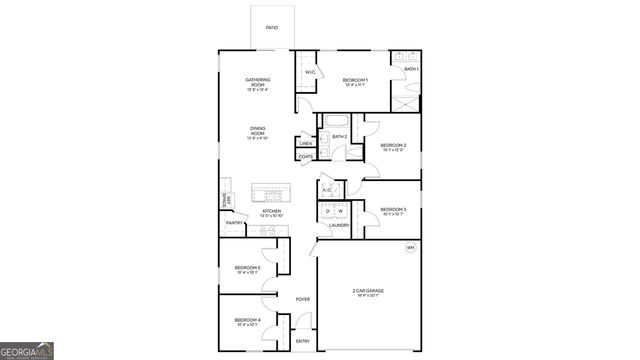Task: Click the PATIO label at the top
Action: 272,27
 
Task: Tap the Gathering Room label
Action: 258,83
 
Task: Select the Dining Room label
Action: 258,131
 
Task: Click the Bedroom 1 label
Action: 355,81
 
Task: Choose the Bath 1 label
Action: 411,69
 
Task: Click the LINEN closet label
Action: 306,143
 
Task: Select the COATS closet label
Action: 306,157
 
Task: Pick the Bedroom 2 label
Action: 393,147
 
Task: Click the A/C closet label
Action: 327,190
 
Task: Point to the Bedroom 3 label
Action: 393,210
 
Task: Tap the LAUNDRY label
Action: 339,225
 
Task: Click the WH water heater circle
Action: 410,247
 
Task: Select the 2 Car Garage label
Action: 367,293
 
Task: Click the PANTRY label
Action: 234,223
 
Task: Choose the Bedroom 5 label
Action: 247,269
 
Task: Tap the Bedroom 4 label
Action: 247,322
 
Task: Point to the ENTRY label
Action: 302,342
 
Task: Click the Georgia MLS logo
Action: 27,351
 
